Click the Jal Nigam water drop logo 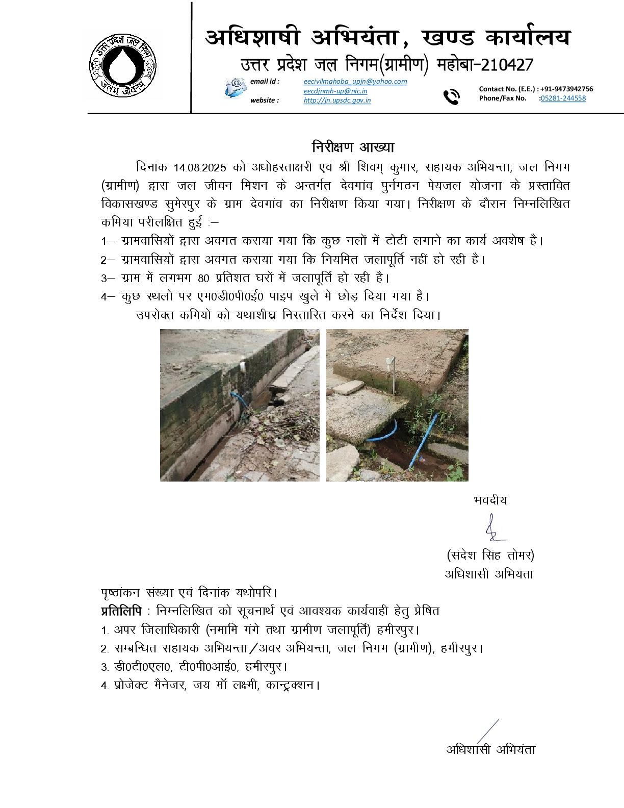coord(123,64)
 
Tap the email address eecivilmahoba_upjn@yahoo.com coord(355,82)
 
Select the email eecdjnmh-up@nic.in coord(335,91)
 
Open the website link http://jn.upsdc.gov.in coord(337,100)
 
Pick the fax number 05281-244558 coord(563,98)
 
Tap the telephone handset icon coord(451,96)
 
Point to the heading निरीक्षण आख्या coord(353,147)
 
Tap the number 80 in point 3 coord(203,278)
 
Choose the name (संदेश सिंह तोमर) coord(490,555)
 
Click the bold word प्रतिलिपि coord(121,611)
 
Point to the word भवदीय coord(490,500)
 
